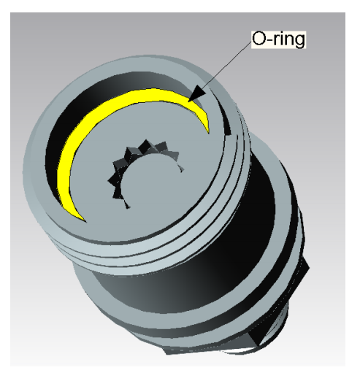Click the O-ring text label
[x=277, y=38]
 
